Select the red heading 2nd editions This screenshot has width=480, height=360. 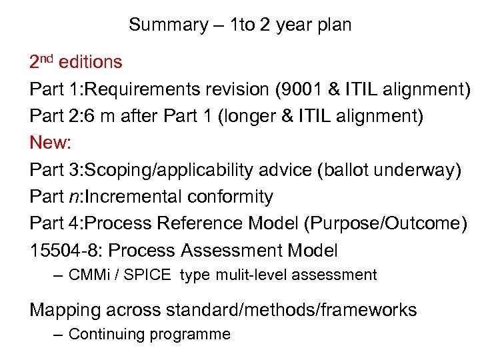[x=76, y=63]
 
